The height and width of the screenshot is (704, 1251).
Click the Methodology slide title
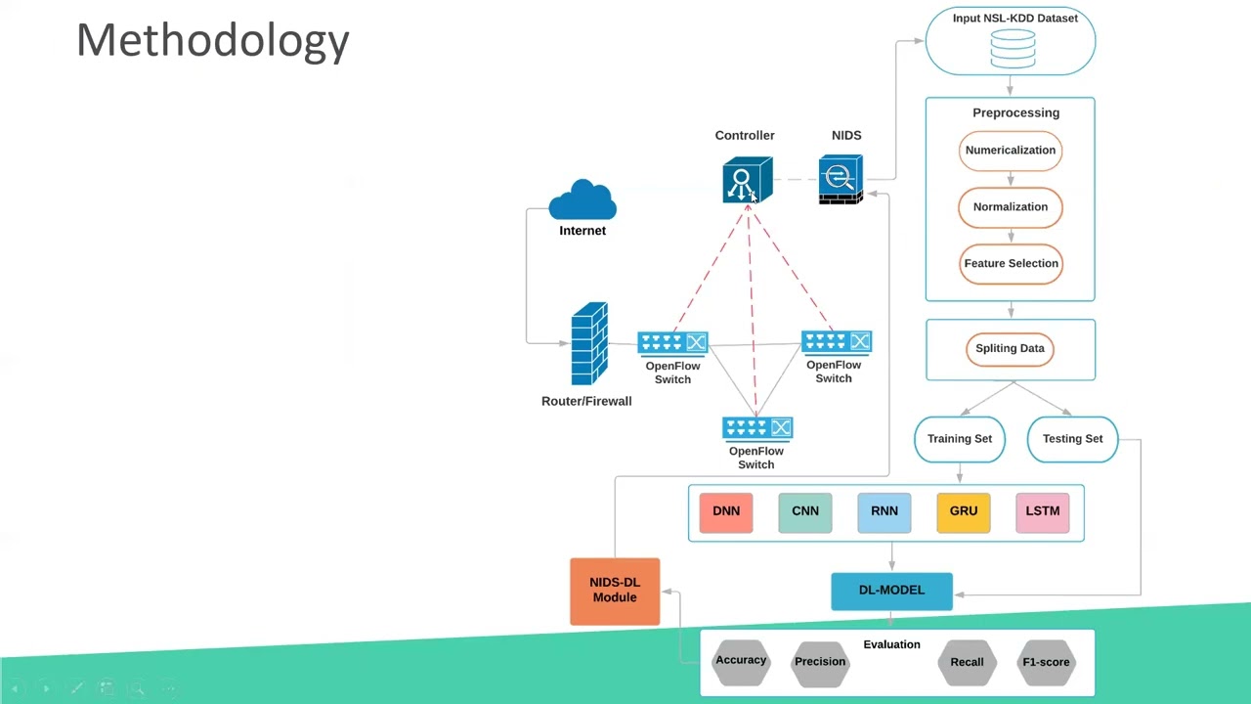[x=212, y=41]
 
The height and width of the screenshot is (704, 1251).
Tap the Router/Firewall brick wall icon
[x=589, y=344]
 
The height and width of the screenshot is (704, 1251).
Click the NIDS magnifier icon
[x=841, y=179]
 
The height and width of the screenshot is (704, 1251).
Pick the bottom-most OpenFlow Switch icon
[x=756, y=428]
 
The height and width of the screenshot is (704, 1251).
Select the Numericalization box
[x=1010, y=151]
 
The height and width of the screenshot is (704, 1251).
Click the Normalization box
[x=1010, y=207]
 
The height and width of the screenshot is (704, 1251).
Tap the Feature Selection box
[x=1011, y=264]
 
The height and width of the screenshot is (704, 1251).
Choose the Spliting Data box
[x=1010, y=349]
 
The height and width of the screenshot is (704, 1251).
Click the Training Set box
[x=959, y=439]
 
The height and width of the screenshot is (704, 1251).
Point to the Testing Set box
[x=1072, y=439]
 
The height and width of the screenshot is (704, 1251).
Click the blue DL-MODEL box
[x=891, y=591]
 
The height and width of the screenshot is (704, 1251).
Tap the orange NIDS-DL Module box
[x=615, y=591]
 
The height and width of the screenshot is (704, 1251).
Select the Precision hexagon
[x=820, y=662]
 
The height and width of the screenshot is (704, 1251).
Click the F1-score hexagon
[x=1046, y=662]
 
